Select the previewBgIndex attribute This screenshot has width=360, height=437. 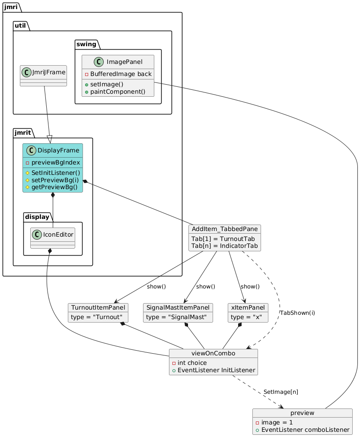55,162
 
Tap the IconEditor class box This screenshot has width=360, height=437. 53,238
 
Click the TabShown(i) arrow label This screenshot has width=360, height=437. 297,313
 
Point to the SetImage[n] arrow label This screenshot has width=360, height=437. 280,392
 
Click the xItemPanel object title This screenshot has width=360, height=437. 248,307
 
